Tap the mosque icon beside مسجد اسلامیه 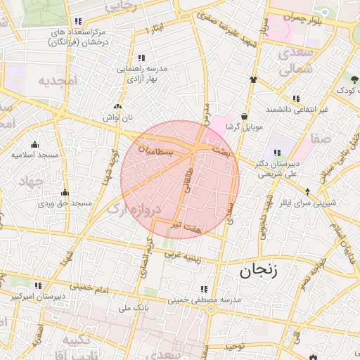(x=34, y=144)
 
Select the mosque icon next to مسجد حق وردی (x=65, y=193)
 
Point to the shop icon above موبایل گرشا (x=243, y=117)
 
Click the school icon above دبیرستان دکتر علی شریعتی (x=277, y=153)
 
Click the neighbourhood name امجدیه (x=56, y=81)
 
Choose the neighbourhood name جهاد (x=31, y=181)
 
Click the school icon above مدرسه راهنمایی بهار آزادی (x=141, y=58)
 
